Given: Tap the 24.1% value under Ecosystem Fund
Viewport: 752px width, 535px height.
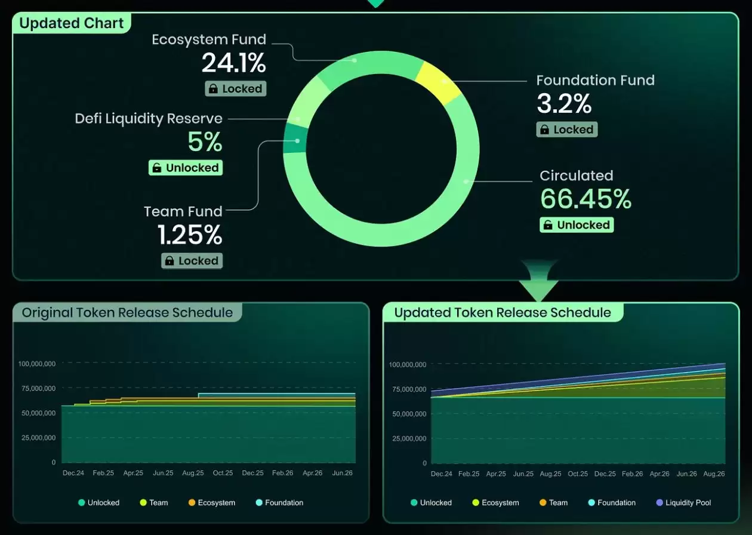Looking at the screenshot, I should click(x=233, y=63).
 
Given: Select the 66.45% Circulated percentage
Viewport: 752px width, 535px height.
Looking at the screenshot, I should click(x=585, y=199).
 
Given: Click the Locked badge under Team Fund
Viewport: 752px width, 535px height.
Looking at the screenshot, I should click(x=192, y=261).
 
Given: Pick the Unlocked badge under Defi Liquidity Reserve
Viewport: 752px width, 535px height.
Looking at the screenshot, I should click(x=185, y=168).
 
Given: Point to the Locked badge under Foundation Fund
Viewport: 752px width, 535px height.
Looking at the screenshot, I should click(x=566, y=130).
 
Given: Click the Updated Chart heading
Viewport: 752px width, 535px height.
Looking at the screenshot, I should click(x=72, y=23).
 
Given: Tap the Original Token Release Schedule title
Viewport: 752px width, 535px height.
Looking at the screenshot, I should click(x=127, y=313).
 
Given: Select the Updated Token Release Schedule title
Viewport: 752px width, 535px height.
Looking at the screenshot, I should click(x=503, y=313).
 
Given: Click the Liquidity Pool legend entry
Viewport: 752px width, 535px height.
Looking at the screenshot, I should click(x=683, y=503).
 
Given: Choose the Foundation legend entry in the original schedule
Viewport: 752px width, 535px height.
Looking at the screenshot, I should click(x=279, y=503).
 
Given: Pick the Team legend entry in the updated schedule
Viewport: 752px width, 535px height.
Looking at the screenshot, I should click(x=553, y=503).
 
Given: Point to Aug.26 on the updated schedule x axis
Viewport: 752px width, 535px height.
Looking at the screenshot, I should click(x=714, y=474).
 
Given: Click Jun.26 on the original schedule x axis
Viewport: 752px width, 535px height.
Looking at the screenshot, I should click(x=342, y=473).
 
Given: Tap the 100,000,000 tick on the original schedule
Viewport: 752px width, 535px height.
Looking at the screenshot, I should click(x=37, y=364).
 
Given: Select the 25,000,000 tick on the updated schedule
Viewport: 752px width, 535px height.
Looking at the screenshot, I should click(x=409, y=439).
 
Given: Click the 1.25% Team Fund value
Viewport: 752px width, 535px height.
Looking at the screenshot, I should click(x=190, y=235).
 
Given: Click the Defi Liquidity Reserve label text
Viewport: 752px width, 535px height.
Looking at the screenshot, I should click(x=149, y=118).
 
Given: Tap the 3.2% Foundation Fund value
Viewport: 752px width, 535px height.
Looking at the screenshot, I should click(x=564, y=104).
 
